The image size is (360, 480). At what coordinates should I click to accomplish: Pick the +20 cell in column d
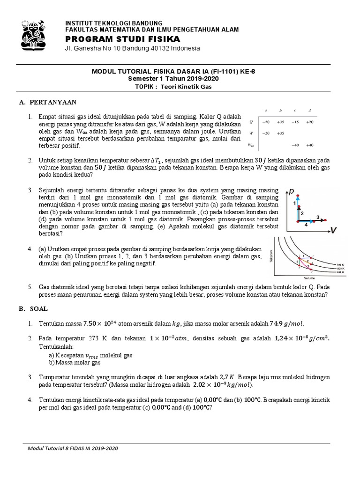point(309,121)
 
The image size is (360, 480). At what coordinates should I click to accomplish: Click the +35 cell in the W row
point(280,134)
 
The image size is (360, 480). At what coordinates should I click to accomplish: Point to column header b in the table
point(280,110)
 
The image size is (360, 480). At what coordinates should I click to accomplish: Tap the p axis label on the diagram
point(292,191)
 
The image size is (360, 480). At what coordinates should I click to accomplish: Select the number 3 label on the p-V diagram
point(317,217)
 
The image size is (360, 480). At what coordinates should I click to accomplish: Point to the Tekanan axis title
point(271,256)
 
